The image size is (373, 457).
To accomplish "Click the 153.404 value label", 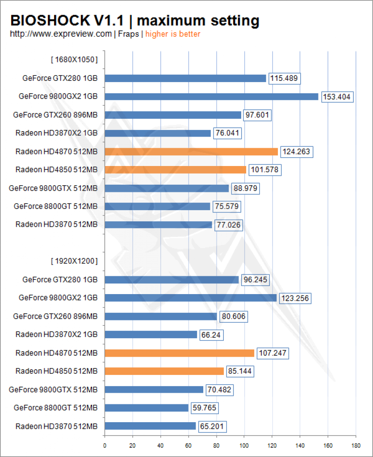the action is [x=337, y=97].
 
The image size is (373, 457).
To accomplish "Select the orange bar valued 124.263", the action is [x=191, y=152].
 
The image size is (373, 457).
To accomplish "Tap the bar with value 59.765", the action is [x=147, y=408].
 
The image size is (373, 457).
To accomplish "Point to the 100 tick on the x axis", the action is [x=244, y=445].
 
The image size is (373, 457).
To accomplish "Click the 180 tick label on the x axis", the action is [x=356, y=445].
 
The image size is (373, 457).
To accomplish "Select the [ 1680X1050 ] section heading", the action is [x=74, y=60].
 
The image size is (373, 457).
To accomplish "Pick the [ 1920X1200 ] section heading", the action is [x=74, y=261].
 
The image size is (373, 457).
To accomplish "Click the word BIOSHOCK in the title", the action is [x=50, y=21].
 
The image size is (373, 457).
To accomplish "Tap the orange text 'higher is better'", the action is [x=173, y=34].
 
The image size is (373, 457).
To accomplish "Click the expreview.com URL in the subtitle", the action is [x=61, y=34].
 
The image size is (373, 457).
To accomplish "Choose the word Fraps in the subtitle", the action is [x=128, y=34].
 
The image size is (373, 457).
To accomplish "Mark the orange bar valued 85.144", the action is [x=164, y=371].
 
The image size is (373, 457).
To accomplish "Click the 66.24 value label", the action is [x=211, y=335].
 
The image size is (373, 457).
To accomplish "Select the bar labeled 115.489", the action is [x=185, y=78].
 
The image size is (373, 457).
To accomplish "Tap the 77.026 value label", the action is [x=229, y=225].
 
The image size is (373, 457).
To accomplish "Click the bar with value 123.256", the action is [x=191, y=298].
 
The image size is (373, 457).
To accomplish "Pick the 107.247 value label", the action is [x=272, y=353].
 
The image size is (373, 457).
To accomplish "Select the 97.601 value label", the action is [x=257, y=115].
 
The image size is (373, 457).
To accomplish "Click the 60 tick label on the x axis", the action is [x=189, y=445].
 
